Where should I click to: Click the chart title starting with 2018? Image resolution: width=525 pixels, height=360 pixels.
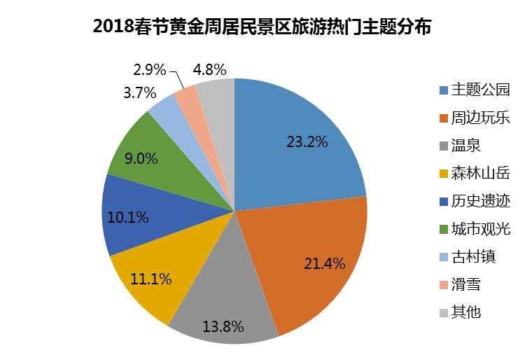click(x=262, y=27)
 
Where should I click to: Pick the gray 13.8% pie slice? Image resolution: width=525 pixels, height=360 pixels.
click(x=224, y=308)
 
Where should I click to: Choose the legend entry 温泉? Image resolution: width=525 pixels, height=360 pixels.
click(x=466, y=146)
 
